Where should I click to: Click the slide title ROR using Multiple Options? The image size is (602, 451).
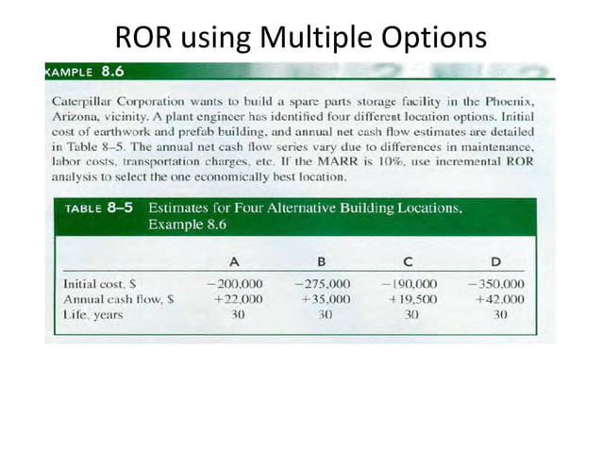301,37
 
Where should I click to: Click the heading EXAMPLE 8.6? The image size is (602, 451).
85,71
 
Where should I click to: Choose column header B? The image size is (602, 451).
322,260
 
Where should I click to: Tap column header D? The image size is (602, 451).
496,260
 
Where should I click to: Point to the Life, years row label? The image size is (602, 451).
92,314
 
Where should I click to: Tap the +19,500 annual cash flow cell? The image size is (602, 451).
411,298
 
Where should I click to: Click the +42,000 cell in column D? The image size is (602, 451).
499,298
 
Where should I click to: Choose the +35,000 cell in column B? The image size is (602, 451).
325,298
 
